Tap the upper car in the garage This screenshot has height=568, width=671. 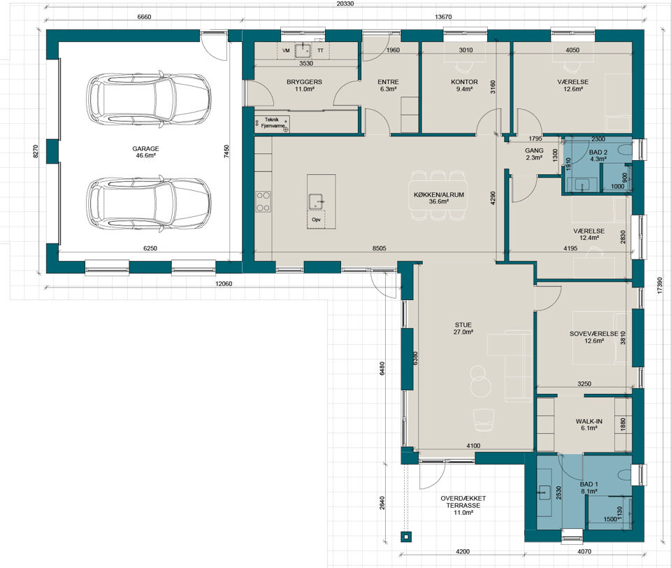coord(148,99)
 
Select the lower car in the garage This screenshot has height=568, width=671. coord(148,204)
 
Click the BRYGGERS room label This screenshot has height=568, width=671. coord(304,82)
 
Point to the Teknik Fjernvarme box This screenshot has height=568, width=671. coord(272,123)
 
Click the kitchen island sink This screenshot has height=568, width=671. coord(316,201)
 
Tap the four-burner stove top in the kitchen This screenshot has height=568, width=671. coord(264,201)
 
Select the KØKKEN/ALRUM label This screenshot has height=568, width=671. coord(439,194)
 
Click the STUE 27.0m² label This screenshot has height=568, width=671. coord(463,329)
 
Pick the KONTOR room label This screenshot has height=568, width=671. coord(464,82)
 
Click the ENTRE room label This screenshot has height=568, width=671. coord(388,82)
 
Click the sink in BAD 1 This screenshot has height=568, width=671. coord(544,492)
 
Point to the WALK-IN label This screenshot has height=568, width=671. coord(589,422)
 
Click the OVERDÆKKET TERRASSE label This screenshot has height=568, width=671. coord(463,502)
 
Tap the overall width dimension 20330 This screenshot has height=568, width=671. coord(345,3)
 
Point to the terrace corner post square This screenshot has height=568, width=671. coord(405,537)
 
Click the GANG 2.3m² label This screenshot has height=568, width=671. coord(534,154)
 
